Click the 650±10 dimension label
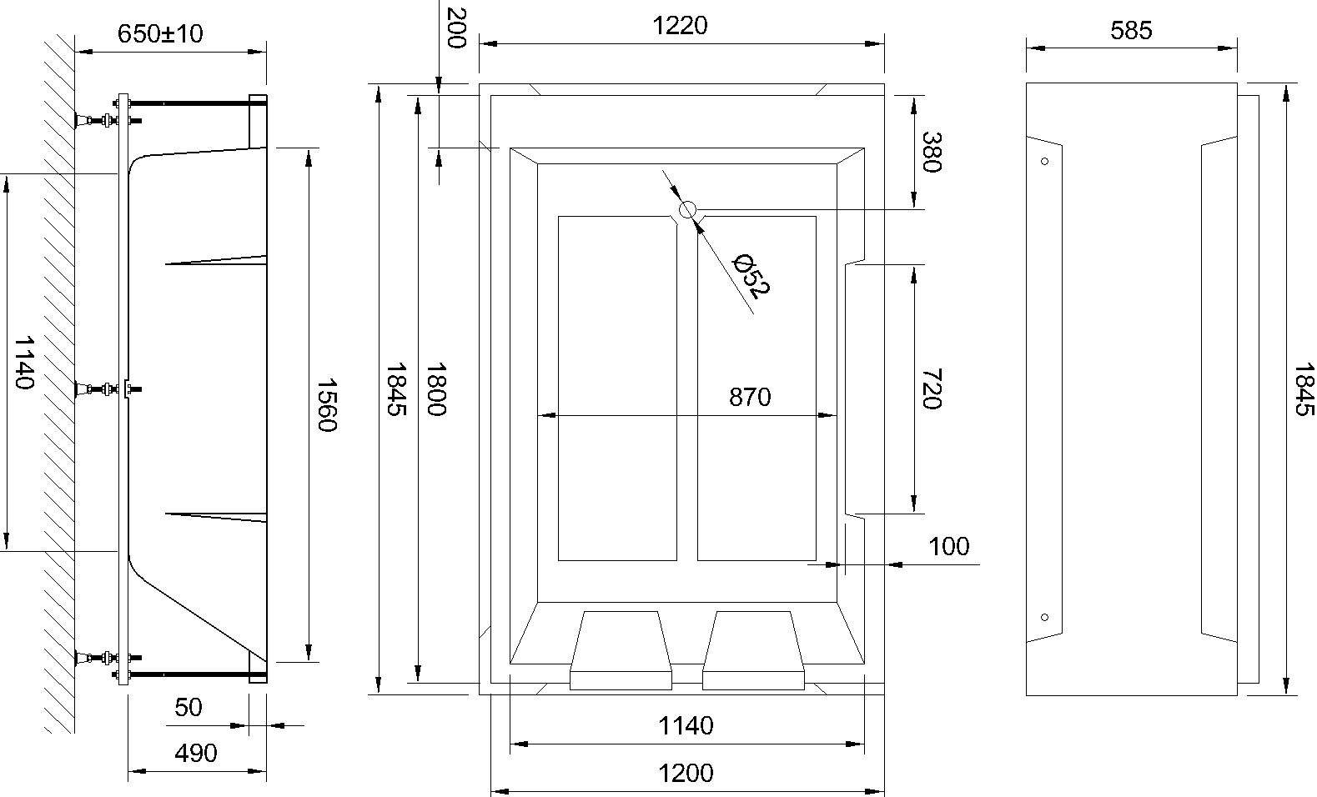point(160,33)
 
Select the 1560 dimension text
point(326,405)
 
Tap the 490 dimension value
point(196,753)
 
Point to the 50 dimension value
point(189,707)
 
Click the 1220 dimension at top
point(680,26)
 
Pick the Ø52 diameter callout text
point(751,276)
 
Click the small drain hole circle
point(687,210)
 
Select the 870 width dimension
point(750,397)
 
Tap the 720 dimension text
point(932,389)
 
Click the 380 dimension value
point(932,152)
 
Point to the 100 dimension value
point(949,546)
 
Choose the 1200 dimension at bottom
point(686,773)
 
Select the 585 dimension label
point(1131,31)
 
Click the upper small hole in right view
point(1045,161)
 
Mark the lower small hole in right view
point(1045,617)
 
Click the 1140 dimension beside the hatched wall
point(23,362)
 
